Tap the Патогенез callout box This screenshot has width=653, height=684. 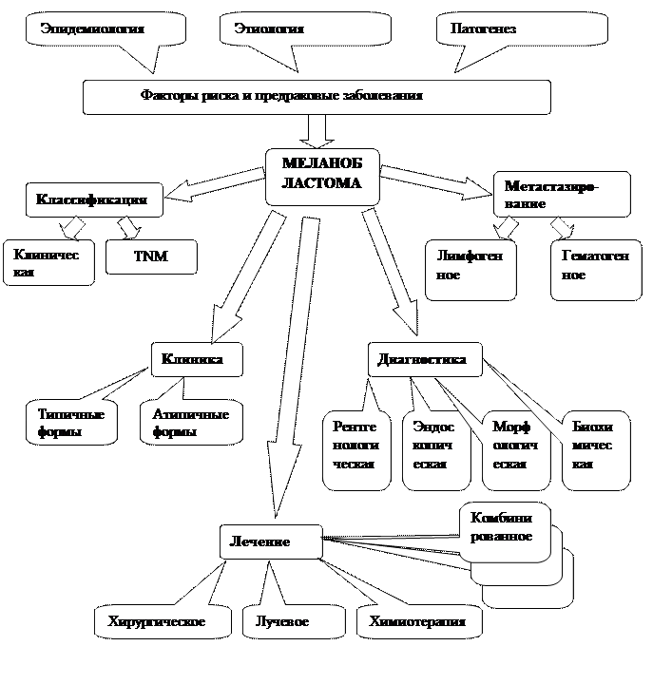coord(521,29)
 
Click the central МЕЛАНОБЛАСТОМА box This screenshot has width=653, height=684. coord(322,175)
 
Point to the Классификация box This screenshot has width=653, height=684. coord(93,200)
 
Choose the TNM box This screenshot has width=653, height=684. coord(151,256)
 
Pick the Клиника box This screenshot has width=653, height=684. coord(195,359)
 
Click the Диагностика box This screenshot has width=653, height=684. coord(423,359)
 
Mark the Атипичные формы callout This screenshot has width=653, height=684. coord(190,423)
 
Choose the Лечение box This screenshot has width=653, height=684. coord(269,541)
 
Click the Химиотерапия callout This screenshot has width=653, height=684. coord(418,621)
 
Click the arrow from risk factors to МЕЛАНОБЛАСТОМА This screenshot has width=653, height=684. coord(317,129)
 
